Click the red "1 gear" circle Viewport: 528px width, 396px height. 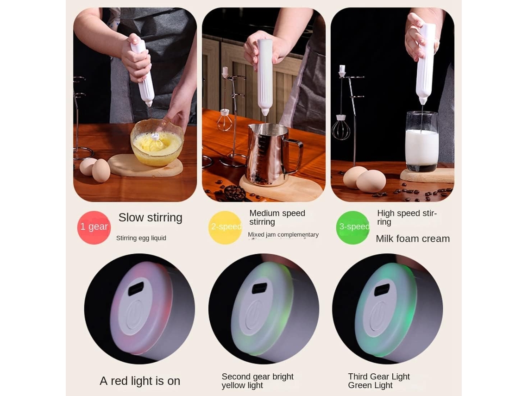pyautogui.click(x=94, y=227)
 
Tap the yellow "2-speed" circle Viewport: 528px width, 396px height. pyautogui.click(x=225, y=227)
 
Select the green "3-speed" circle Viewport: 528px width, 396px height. pyautogui.click(x=353, y=227)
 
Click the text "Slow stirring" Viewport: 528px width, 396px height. pyautogui.click(x=150, y=218)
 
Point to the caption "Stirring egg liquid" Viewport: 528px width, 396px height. pyautogui.click(x=141, y=238)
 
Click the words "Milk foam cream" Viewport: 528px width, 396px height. pyautogui.click(x=413, y=239)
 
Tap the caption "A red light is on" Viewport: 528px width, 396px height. pyautogui.click(x=140, y=381)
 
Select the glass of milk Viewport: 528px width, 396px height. pyautogui.click(x=421, y=141)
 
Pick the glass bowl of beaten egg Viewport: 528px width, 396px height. pyautogui.click(x=157, y=142)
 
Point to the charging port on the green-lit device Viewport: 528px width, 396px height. pyautogui.click(x=382, y=289)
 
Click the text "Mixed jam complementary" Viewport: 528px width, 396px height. pyautogui.click(x=283, y=235)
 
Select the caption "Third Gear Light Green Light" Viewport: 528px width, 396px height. pyautogui.click(x=379, y=381)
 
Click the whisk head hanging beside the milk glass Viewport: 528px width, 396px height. pyautogui.click(x=341, y=128)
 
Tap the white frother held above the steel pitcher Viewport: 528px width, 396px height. pyautogui.click(x=264, y=77)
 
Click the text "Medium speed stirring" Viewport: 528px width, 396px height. pyautogui.click(x=277, y=218)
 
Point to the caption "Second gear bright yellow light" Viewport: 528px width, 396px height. pyautogui.click(x=257, y=381)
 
